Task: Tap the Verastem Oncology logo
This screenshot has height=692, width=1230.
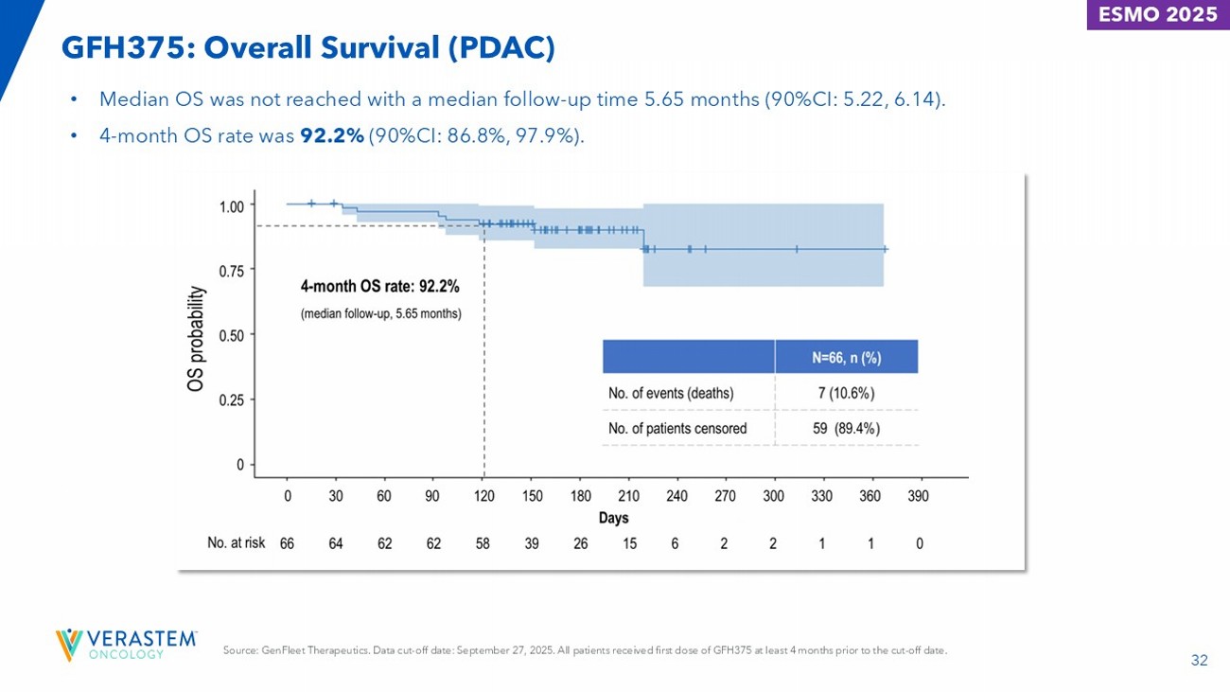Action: [126, 644]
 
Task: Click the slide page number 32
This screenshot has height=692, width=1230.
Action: [1200, 661]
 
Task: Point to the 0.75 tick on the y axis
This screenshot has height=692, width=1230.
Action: [233, 270]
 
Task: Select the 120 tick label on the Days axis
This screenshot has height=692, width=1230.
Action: [483, 496]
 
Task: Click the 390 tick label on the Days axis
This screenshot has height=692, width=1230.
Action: [918, 496]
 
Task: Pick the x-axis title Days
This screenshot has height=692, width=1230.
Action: [613, 518]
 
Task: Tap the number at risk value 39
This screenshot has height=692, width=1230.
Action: [532, 543]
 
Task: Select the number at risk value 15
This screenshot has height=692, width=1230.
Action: [629, 543]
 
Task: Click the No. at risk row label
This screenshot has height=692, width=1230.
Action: [236, 543]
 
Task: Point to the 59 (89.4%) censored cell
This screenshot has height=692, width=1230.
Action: [846, 428]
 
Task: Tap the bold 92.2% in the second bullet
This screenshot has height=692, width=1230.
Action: [332, 137]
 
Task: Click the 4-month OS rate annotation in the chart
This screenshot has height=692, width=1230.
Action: [379, 286]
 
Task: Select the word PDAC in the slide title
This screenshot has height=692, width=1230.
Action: [506, 46]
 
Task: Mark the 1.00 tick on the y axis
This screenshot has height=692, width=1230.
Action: [233, 204]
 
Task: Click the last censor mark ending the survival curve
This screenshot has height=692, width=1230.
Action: [885, 249]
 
